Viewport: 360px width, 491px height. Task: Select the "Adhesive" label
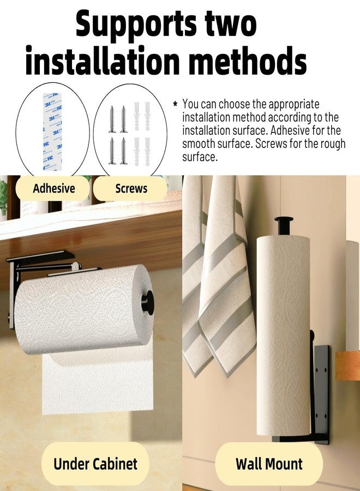(54, 189)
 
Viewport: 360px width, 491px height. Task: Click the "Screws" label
(131, 189)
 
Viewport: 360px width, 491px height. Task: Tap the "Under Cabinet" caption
(95, 464)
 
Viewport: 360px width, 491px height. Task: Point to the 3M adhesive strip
(52, 131)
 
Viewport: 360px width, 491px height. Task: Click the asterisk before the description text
(175, 104)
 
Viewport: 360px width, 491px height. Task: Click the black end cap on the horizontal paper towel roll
(148, 302)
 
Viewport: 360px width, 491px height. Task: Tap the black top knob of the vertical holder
(284, 225)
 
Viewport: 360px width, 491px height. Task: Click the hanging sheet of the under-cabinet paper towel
(98, 382)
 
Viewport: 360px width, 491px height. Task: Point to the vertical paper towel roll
(283, 335)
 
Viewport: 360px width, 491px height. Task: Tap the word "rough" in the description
(332, 144)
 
